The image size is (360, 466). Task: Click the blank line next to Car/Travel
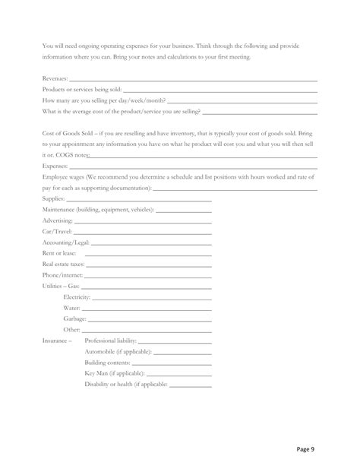click(x=143, y=231)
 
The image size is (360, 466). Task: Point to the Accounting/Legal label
click(x=66, y=243)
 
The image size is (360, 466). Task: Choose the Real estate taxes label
click(x=63, y=265)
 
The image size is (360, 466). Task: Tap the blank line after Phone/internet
click(x=148, y=275)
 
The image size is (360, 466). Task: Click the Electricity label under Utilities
click(x=77, y=297)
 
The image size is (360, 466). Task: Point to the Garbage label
click(x=75, y=319)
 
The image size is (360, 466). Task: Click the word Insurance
click(x=55, y=341)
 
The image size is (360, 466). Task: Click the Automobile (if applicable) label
click(x=118, y=352)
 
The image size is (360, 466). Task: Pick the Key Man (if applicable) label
click(x=114, y=374)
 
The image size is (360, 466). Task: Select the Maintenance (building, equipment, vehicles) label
click(x=98, y=209)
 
